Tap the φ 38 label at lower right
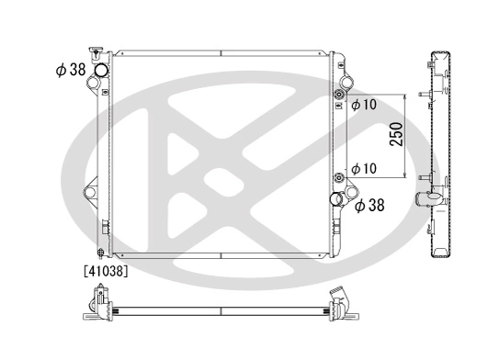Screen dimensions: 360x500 [369, 206]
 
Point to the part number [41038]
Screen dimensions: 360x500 [105, 271]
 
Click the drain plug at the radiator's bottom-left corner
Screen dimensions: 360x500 [100, 254]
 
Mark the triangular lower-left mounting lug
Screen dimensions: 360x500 [92, 193]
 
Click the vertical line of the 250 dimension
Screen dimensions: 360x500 [404, 136]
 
